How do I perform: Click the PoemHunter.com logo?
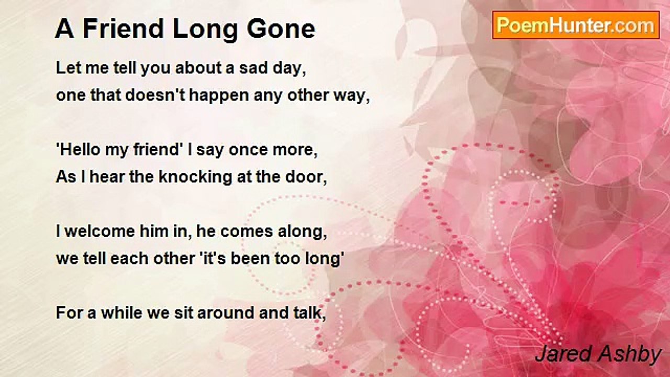coord(576,25)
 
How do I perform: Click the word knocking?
coord(195,178)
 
